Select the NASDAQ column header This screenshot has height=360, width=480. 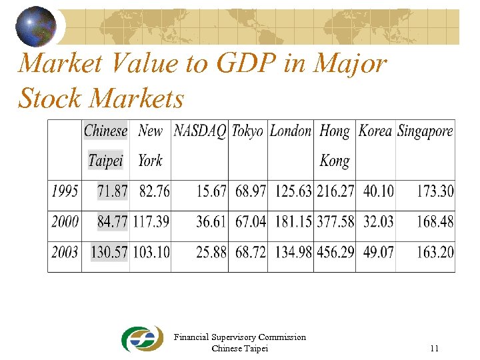(x=199, y=131)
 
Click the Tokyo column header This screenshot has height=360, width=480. (x=247, y=131)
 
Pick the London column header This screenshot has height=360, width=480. (x=290, y=131)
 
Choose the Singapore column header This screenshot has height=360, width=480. (x=425, y=131)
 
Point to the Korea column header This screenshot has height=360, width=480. (x=375, y=131)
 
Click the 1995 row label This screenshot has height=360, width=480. (x=65, y=191)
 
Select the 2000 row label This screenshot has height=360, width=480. (x=65, y=221)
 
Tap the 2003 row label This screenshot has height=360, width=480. (x=65, y=253)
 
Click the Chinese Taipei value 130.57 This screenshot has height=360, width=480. (x=105, y=253)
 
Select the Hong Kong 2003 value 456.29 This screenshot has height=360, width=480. (x=335, y=253)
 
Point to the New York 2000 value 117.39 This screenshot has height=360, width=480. (x=151, y=221)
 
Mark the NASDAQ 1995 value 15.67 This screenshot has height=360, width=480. (x=211, y=191)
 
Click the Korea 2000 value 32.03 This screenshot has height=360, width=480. (x=378, y=221)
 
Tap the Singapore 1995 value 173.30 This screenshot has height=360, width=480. (x=435, y=191)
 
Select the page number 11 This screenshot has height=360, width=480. (x=434, y=348)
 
